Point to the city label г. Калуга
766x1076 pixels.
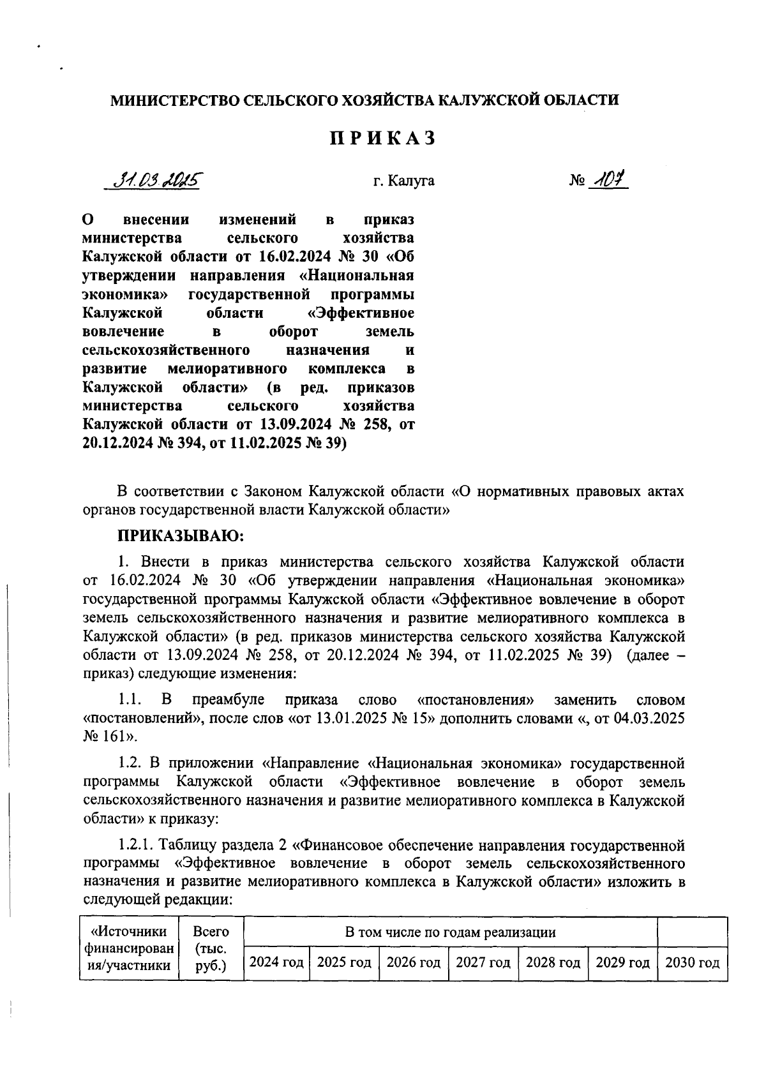pyautogui.click(x=404, y=181)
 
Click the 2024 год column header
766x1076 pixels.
pyautogui.click(x=276, y=962)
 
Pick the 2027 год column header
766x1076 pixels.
pyautogui.click(x=483, y=962)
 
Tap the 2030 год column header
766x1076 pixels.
pyautogui.click(x=692, y=962)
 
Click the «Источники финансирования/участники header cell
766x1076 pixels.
pyautogui.click(x=130, y=948)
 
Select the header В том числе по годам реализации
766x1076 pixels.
pyautogui.click(x=450, y=932)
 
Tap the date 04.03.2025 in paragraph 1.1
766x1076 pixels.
pyautogui.click(x=649, y=718)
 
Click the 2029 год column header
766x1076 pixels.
pyautogui.click(x=622, y=962)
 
